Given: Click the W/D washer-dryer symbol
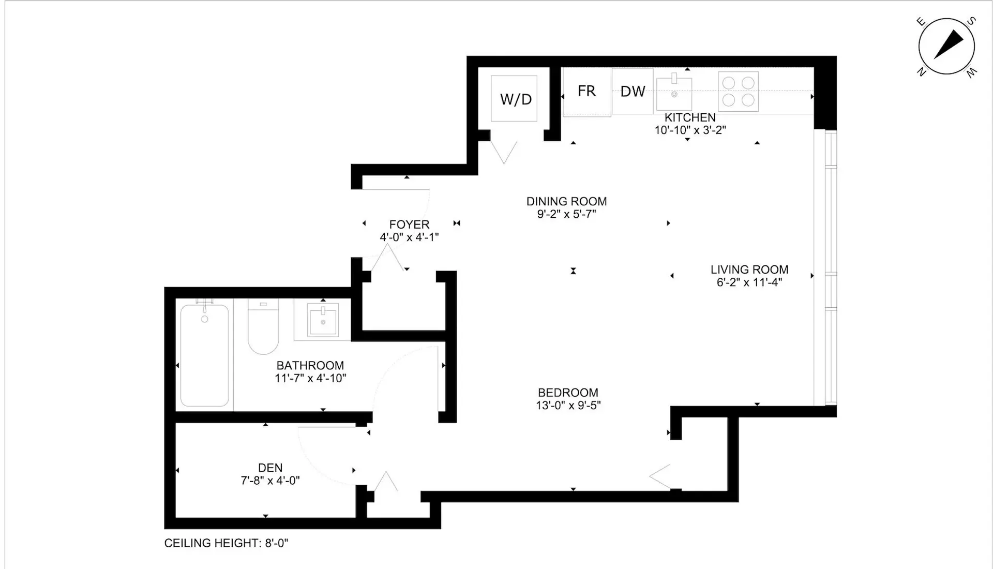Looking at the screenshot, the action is click(514, 98).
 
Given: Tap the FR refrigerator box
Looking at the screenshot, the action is click(586, 92).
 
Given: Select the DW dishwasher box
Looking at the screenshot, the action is click(633, 91).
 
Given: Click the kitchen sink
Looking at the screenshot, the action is click(674, 92).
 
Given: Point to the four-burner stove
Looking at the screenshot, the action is click(738, 92).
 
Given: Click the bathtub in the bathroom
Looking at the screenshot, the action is click(205, 355).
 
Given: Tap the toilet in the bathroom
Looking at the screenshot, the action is click(263, 326).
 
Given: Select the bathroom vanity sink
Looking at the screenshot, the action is click(323, 319).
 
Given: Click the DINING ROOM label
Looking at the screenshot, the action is click(567, 201).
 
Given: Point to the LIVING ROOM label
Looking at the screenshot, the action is click(749, 269).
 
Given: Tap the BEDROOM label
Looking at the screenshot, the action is click(568, 393).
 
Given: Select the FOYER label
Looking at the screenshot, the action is click(409, 224).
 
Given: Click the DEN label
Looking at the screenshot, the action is click(270, 468).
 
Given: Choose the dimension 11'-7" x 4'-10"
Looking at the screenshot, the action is click(310, 378).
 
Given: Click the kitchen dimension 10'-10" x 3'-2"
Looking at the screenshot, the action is click(690, 130).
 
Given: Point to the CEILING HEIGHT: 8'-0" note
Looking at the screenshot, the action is click(226, 543).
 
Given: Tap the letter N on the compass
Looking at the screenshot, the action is click(921, 72).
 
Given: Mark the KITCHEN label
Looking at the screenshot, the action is click(690, 117).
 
